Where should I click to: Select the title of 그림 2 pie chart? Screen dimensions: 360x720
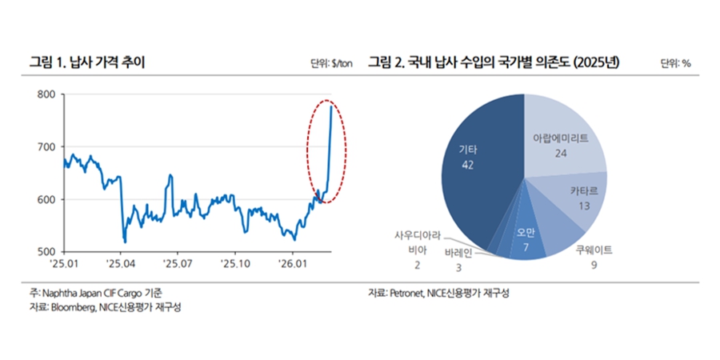(x=495, y=62)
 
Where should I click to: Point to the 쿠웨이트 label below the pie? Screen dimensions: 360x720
(x=594, y=250)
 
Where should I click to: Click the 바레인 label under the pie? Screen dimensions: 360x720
(x=458, y=254)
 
